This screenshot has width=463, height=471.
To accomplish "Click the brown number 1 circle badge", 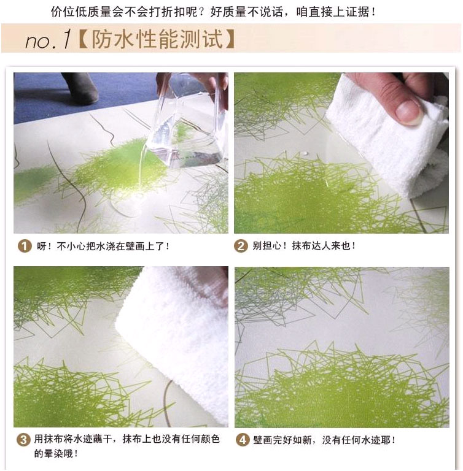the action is pos(25,247).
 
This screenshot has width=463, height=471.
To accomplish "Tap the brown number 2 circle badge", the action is pos(241,246).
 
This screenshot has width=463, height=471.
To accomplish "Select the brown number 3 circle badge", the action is pos(23,440).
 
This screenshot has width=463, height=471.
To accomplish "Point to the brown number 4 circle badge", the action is pos(243,440).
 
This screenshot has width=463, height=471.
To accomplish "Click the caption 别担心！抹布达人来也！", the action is pos(304,246).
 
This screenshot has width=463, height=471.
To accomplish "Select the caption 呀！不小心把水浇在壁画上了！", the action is pos(103,247).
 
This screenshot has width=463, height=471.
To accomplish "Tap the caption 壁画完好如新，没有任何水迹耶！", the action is pos(324,440).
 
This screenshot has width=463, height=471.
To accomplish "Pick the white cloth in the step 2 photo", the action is pos(387,136).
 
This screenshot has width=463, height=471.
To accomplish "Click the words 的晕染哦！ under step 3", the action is pos(56,453).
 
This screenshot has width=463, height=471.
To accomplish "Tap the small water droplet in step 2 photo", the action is pos(306,153).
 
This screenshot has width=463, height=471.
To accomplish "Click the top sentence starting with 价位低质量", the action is pos(213,12).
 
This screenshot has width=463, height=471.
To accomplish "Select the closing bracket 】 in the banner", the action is pos(230,39).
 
